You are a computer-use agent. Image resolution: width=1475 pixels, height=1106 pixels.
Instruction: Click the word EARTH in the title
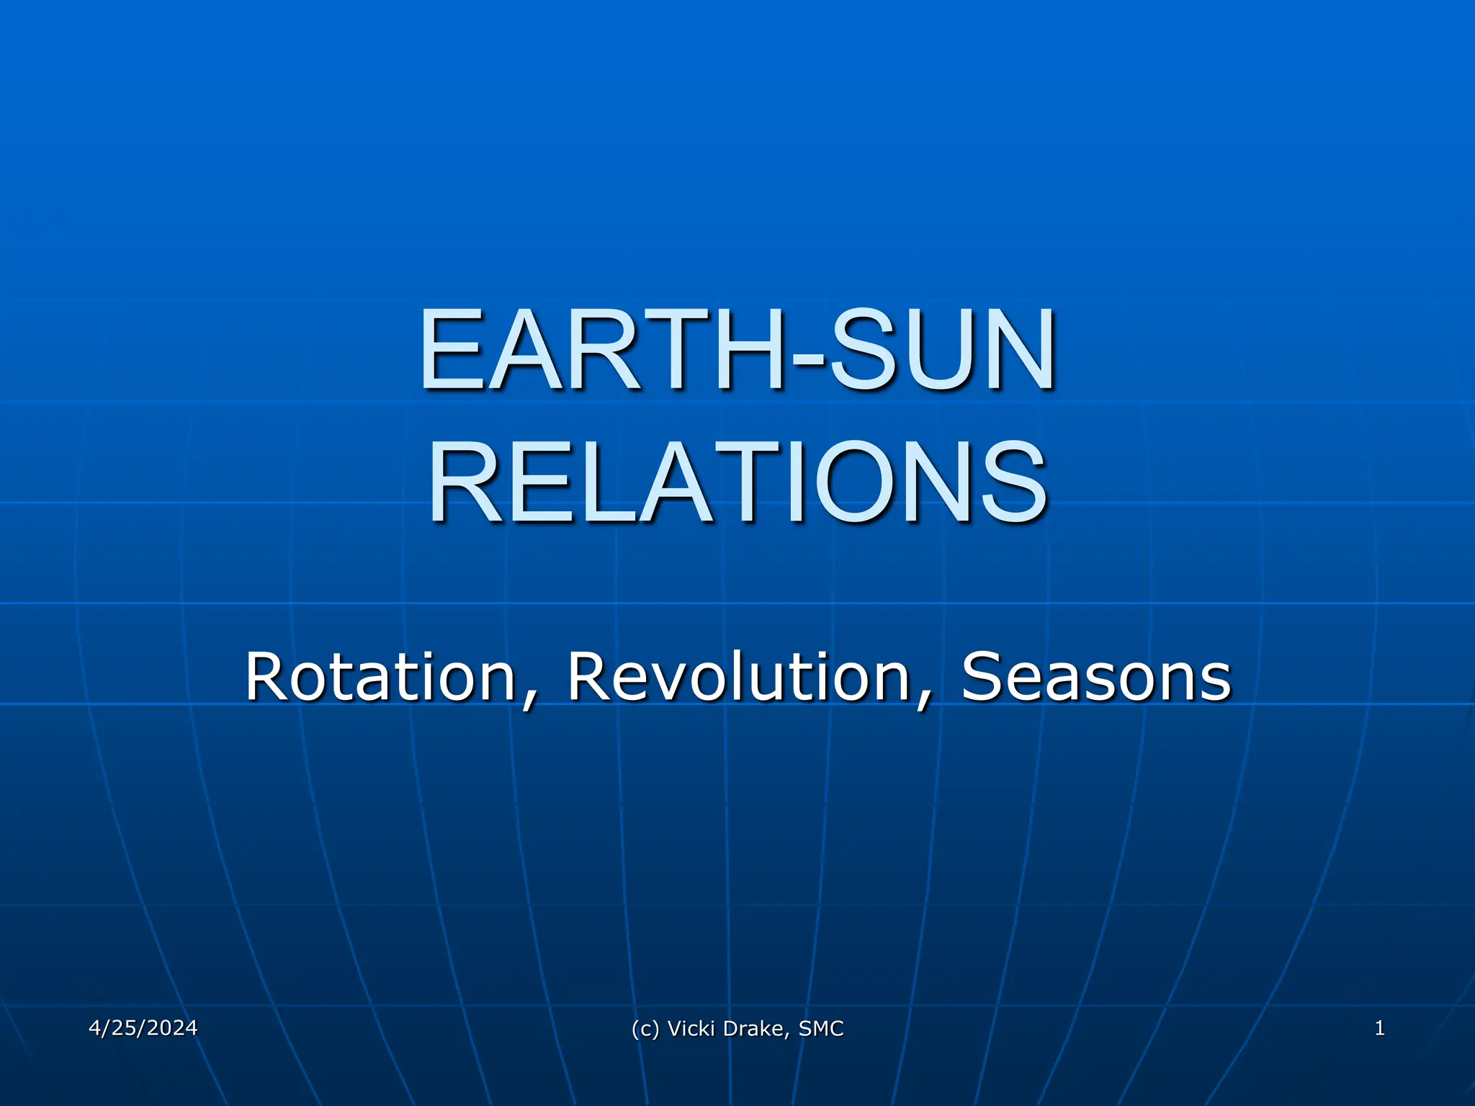tap(602, 351)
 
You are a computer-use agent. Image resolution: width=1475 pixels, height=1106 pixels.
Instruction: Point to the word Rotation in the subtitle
tap(380, 676)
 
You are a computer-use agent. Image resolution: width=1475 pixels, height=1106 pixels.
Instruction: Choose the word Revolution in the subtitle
tap(739, 676)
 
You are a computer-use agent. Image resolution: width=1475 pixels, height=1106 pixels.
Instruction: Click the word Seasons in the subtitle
tap(1096, 676)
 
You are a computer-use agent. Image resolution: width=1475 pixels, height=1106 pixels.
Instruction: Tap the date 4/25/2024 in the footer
tap(143, 1028)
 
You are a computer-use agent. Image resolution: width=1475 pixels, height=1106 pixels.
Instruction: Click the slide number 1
tap(1379, 1028)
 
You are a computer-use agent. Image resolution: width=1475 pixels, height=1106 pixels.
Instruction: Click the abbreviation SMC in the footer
tap(821, 1029)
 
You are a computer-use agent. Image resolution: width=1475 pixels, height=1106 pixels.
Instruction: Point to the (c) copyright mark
tap(645, 1029)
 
